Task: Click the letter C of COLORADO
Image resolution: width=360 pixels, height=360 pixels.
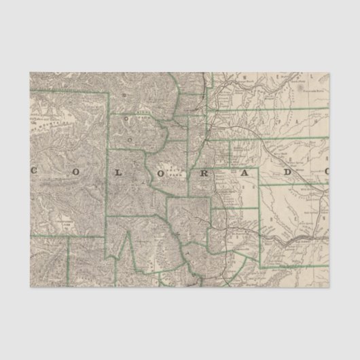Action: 34,171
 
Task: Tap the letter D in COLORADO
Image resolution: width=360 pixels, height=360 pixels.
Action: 288,172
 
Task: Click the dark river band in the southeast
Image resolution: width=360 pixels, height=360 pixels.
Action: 299,239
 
